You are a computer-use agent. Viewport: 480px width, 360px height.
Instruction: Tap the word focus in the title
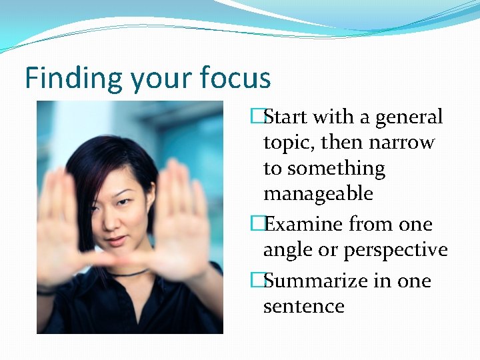pos(235,78)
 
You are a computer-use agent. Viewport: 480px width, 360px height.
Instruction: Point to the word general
pos(409,118)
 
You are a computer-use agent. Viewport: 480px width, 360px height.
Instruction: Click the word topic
pos(287,143)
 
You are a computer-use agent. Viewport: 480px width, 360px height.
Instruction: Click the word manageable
pos(317,193)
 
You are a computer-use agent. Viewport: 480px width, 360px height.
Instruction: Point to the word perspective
pos(395,250)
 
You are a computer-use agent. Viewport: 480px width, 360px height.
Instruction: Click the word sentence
pos(303,306)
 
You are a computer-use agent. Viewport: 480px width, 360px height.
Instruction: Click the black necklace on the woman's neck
pos(131,273)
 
